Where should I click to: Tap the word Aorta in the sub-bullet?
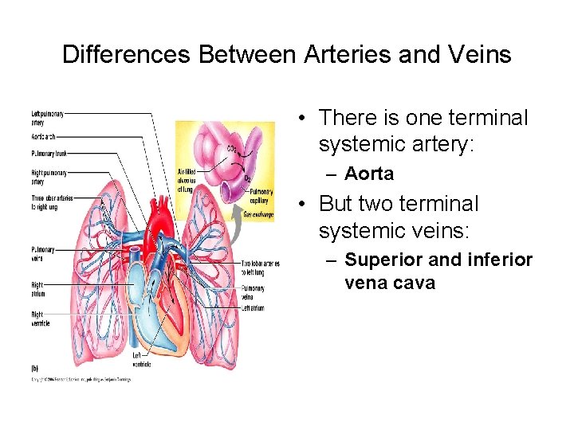[369, 174]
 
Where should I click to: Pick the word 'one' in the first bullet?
[427, 118]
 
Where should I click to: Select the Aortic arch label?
[43, 138]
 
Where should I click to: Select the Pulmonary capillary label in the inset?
[261, 196]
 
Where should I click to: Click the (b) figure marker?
[34, 369]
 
